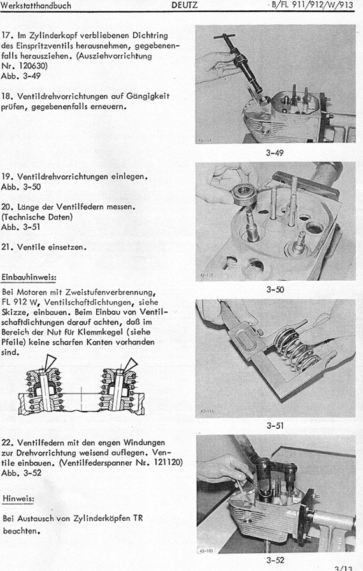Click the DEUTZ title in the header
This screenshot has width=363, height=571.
click(184, 5)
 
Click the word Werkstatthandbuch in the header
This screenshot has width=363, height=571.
click(36, 6)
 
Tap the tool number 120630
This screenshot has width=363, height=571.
click(32, 66)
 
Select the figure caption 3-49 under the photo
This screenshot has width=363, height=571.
click(274, 153)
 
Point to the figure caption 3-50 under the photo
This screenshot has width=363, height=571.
click(275, 290)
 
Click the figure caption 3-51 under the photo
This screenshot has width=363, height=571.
click(275, 426)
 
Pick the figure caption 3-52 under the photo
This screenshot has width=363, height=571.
click(275, 560)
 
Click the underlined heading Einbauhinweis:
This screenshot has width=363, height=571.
click(29, 278)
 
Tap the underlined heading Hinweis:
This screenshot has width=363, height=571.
click(18, 498)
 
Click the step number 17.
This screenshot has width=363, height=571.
click(7, 36)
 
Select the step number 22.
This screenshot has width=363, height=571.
click(8, 443)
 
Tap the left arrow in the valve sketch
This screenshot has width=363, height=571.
click(49, 362)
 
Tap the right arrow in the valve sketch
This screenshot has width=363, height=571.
click(130, 365)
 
